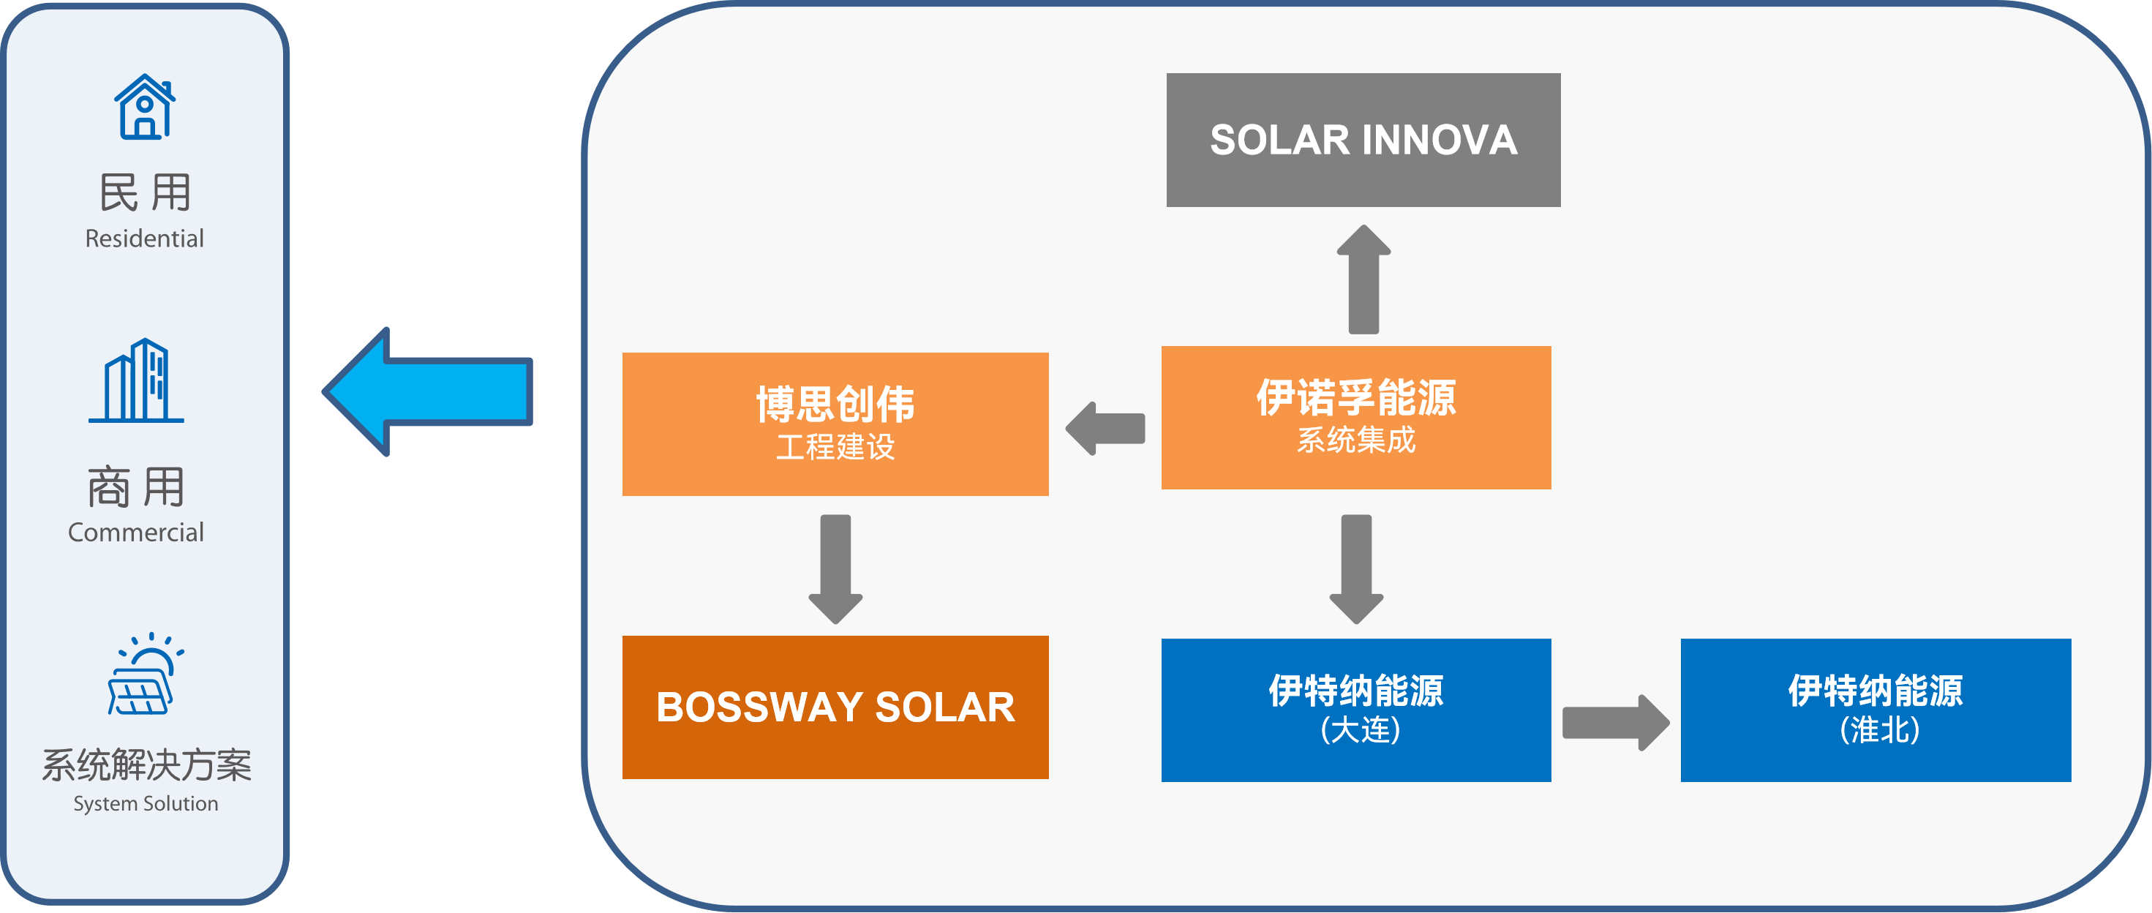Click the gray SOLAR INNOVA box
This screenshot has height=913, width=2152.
point(1363,140)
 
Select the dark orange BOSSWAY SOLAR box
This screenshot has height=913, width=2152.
point(835,707)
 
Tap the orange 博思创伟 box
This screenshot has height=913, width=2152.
point(835,424)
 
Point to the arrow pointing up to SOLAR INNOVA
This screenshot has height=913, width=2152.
point(1363,280)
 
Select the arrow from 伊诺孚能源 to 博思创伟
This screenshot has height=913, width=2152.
point(1105,429)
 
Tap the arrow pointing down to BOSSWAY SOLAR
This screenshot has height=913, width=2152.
point(835,568)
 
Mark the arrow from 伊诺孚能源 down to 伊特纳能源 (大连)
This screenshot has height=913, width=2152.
point(1356,568)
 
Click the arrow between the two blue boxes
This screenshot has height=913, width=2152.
point(1615,723)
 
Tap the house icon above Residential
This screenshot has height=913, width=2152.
point(146,106)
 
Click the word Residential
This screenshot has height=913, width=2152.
point(145,239)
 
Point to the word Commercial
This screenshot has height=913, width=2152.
point(136,533)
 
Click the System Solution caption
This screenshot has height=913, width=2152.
point(146,803)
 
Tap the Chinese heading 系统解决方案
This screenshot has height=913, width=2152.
point(146,765)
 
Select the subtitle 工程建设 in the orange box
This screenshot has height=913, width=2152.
point(835,447)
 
